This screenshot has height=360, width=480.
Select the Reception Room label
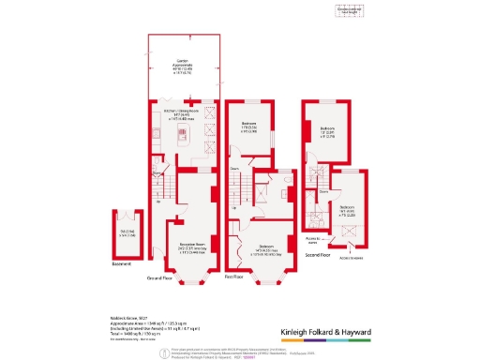point(194,249)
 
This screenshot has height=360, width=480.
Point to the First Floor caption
point(234,278)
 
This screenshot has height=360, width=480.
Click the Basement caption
point(122,263)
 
